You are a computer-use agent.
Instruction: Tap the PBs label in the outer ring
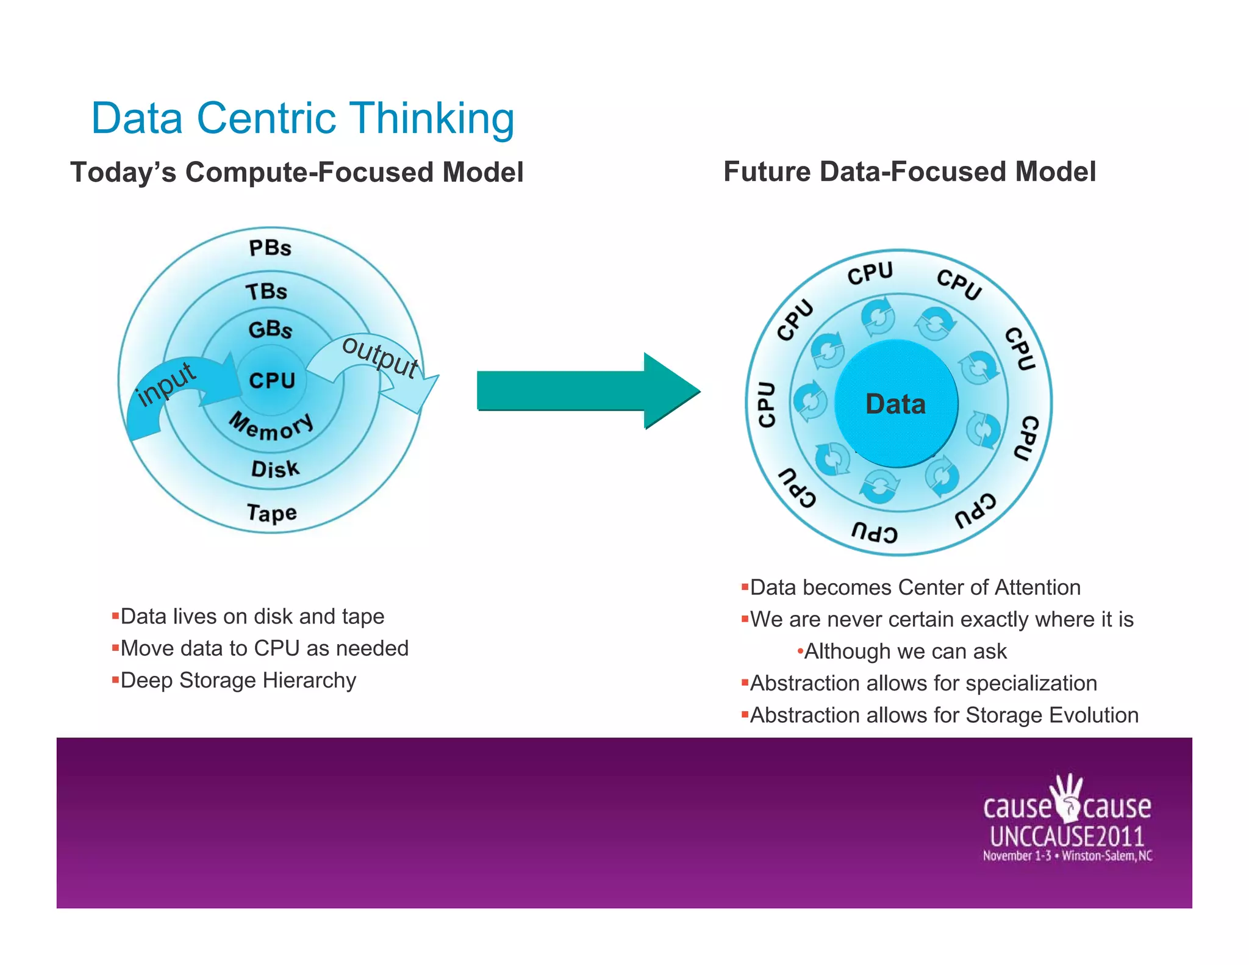(270, 248)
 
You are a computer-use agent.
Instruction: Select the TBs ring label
(267, 291)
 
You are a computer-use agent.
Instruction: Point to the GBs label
(270, 329)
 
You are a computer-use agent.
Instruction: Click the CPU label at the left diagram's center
(272, 381)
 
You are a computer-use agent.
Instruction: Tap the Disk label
(275, 469)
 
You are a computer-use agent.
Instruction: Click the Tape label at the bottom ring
(272, 512)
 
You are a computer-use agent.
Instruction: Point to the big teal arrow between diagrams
(585, 390)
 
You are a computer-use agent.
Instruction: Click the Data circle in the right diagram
(895, 404)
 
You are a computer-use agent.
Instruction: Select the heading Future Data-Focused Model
(909, 171)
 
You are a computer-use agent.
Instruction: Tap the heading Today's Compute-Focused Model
(297, 172)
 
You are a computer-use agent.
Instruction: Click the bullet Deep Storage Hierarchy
(238, 680)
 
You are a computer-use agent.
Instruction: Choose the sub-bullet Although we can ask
(905, 651)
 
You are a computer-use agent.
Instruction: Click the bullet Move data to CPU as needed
(264, 648)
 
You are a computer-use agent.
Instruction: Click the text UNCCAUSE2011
(1067, 836)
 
